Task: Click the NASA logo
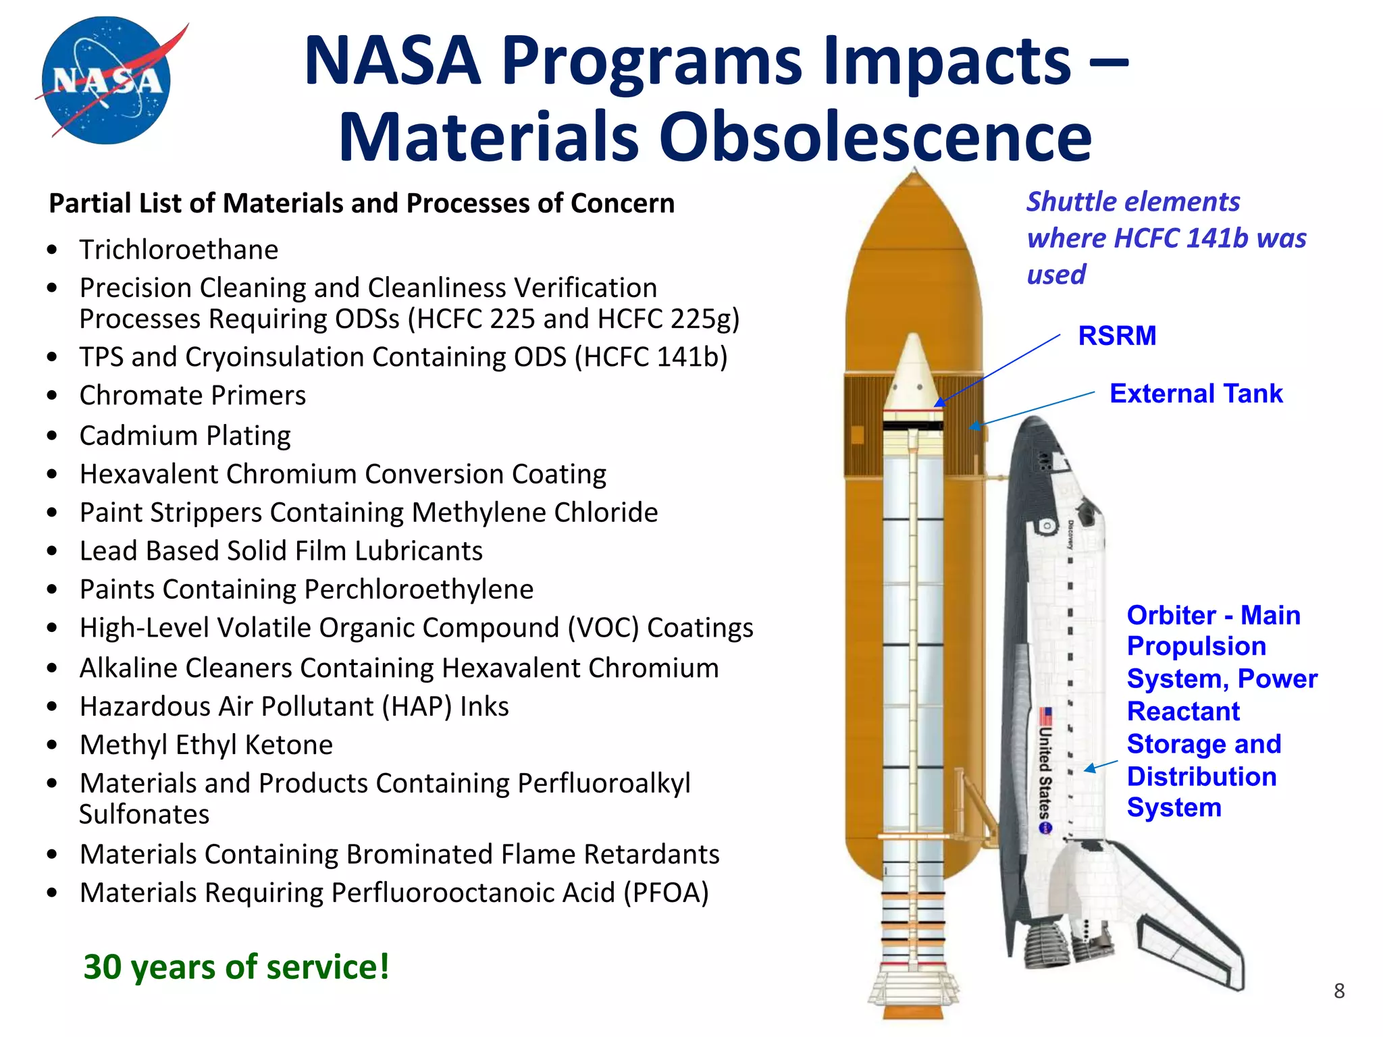[x=107, y=80]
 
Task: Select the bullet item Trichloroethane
[x=178, y=250]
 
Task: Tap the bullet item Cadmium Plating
[x=185, y=435]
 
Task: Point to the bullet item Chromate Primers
[x=192, y=396]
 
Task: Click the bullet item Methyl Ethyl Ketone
[x=206, y=745]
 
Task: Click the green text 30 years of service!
[x=236, y=966]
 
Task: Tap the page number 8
[x=1339, y=991]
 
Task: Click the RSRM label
[x=1117, y=336]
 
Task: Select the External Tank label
[x=1195, y=394]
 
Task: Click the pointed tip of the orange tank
[x=914, y=177]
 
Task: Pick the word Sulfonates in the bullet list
[x=144, y=814]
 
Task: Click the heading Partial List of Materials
[x=361, y=203]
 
